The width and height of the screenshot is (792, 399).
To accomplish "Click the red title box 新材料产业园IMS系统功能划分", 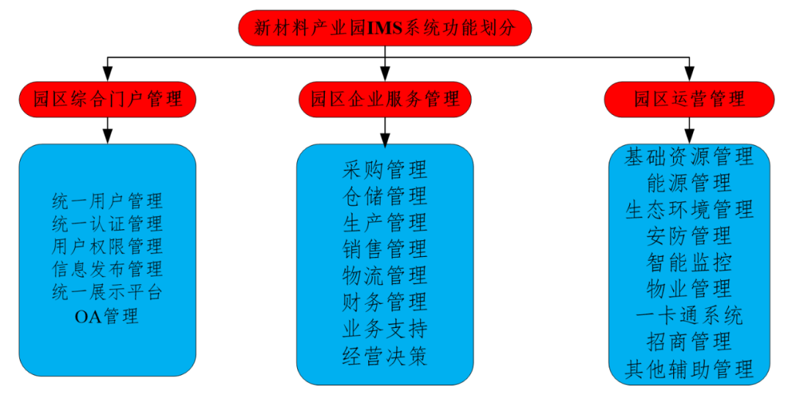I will (384, 29).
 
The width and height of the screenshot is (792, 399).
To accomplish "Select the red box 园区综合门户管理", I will (108, 99).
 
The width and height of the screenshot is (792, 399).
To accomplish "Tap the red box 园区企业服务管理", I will (384, 99).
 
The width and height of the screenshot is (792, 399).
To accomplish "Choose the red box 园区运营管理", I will (689, 99).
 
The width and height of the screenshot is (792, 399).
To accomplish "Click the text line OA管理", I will (107, 317).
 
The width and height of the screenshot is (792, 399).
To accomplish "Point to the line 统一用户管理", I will (107, 200).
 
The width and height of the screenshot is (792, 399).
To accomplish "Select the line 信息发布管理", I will (107, 269).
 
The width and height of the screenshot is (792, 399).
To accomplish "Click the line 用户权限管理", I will (107, 245).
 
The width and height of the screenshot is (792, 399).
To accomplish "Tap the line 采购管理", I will (384, 170).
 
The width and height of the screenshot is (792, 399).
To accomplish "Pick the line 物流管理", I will (384, 276).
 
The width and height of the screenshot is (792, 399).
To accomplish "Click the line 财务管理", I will (384, 302).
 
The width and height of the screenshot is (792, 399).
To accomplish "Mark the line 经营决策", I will (384, 356).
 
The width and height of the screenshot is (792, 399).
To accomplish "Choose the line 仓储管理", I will (384, 196).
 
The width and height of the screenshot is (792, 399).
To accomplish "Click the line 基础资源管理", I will (689, 156).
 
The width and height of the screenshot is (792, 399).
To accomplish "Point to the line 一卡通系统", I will (689, 315).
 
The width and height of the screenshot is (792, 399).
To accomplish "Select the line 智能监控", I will (689, 261).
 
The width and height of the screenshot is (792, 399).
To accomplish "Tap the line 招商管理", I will (689, 341).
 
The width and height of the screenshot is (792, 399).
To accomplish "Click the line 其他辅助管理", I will (689, 368).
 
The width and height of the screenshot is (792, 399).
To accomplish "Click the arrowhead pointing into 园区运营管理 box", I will (689, 74).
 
